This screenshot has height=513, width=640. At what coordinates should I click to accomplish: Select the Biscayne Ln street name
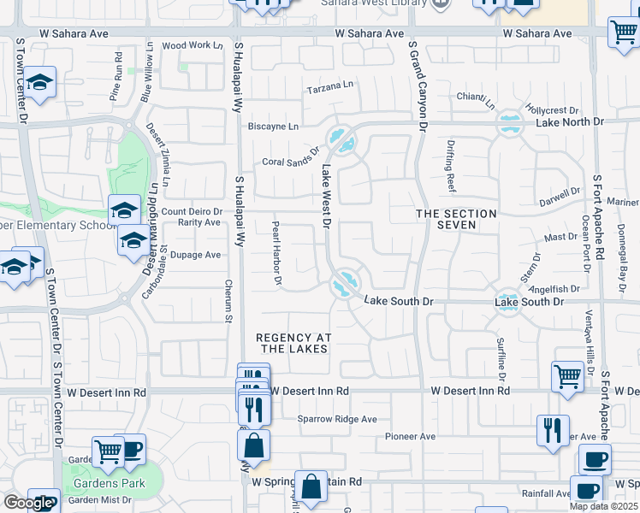tap(273, 127)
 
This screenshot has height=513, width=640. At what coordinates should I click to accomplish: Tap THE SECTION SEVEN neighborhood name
tap(456, 219)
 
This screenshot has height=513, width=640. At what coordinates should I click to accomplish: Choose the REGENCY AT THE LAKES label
tap(293, 343)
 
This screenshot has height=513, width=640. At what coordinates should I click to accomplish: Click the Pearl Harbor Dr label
tap(276, 252)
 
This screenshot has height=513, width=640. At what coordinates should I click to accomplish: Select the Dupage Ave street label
tap(195, 255)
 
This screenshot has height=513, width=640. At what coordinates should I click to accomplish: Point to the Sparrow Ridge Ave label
tap(337, 419)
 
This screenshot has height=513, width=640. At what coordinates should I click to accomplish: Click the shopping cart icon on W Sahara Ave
tap(624, 32)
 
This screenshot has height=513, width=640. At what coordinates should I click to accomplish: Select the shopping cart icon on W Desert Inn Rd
tap(568, 376)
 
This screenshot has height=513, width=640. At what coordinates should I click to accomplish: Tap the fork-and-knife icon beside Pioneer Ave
tap(553, 429)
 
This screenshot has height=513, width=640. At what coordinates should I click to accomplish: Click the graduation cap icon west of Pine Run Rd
tap(39, 82)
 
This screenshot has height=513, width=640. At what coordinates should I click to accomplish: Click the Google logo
tap(27, 503)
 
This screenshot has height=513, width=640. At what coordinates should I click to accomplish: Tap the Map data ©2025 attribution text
tap(603, 506)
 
